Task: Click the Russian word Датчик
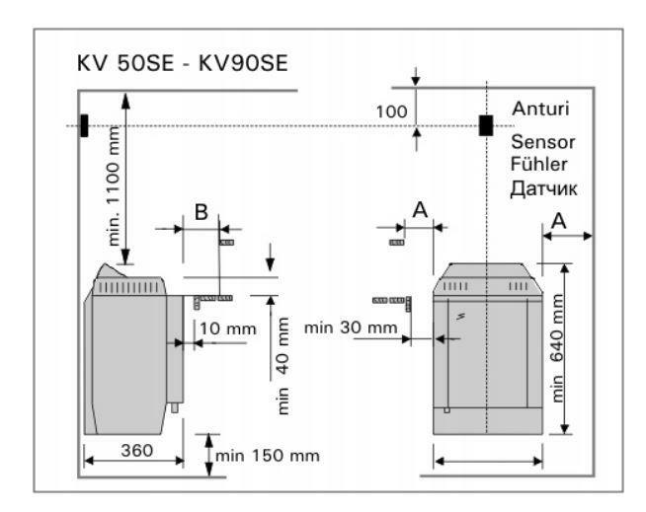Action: tap(543, 185)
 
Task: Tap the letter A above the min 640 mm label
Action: tap(558, 222)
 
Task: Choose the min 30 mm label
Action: tap(351, 327)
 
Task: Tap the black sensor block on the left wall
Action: tap(85, 125)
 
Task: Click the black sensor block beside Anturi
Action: tap(486, 125)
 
